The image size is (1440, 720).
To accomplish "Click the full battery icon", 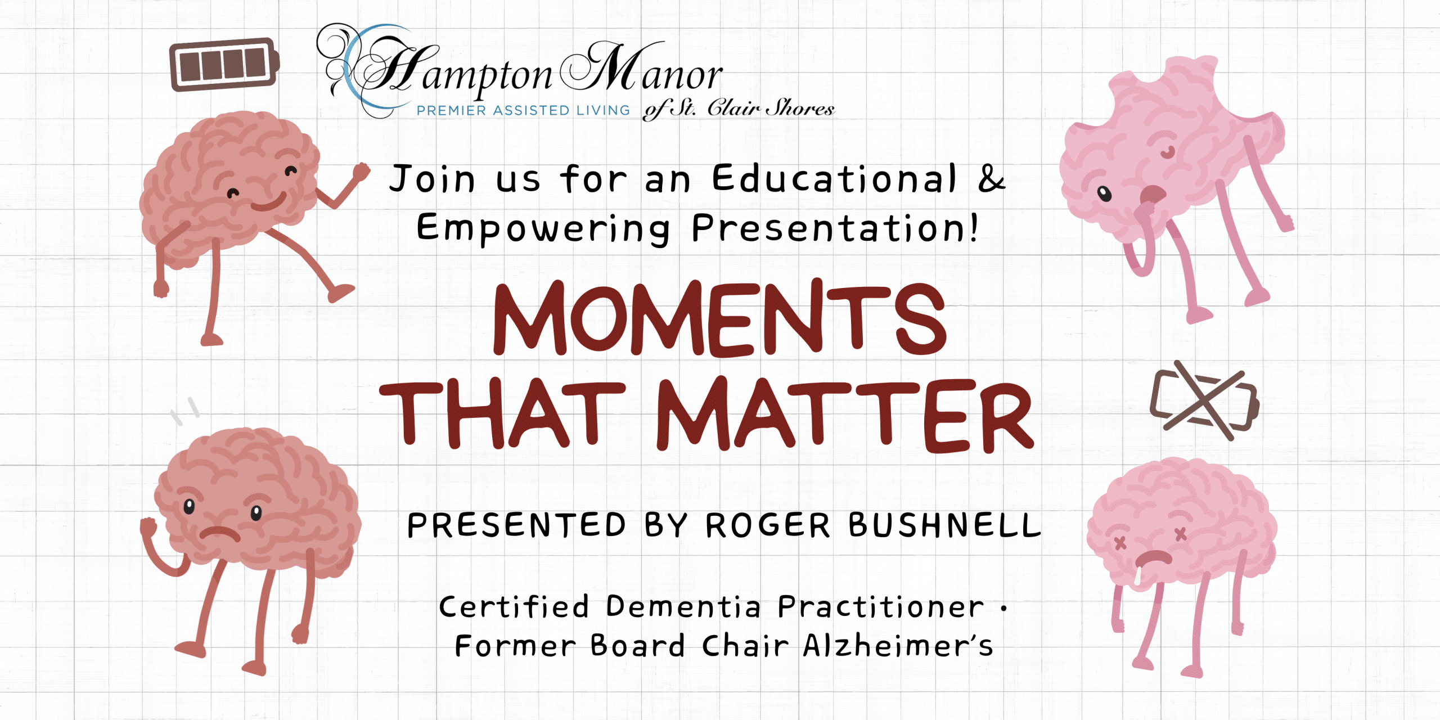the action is click(224, 64).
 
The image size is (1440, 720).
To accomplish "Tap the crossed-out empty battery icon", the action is click(1204, 401).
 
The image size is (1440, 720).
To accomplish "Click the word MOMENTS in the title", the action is click(719, 318).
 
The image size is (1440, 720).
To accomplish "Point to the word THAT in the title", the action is click(502, 415).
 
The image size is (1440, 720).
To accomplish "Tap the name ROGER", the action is click(768, 525).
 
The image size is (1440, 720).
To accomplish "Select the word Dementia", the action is click(683, 606).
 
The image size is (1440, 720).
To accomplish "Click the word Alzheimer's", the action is click(898, 645).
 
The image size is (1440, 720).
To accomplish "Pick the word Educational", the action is click(834, 178).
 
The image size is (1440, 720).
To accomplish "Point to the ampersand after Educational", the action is click(991, 178).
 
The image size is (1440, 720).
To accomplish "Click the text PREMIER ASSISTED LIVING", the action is click(523, 110).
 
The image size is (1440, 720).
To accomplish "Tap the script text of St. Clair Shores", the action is click(739, 108).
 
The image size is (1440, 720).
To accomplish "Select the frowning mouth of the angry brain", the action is click(220, 533).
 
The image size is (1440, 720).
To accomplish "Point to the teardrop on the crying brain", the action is click(1138, 576).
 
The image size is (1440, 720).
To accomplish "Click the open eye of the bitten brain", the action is click(1105, 194).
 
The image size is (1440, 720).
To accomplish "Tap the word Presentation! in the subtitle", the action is click(835, 228).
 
